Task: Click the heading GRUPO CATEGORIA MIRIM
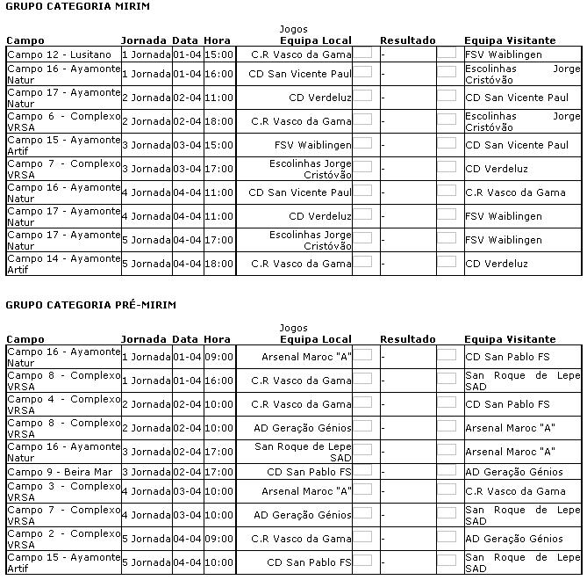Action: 77,6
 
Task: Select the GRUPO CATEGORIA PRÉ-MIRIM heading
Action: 90,305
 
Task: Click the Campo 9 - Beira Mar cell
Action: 59,472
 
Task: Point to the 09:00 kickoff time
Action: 218,357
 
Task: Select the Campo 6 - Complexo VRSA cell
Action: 63,121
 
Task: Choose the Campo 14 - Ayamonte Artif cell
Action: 63,264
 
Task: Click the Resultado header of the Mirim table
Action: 407,40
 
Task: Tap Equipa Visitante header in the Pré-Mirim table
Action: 510,339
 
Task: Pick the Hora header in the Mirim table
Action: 217,40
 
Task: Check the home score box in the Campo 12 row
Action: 362,54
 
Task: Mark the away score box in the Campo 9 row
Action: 447,471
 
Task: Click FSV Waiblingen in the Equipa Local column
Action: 312,145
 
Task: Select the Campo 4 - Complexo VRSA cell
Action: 63,404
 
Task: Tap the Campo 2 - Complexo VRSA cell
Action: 63,539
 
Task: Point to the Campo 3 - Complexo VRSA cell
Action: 63,491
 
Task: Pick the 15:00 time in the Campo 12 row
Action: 218,54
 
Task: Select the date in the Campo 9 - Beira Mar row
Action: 186,472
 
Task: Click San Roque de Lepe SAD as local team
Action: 303,452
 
